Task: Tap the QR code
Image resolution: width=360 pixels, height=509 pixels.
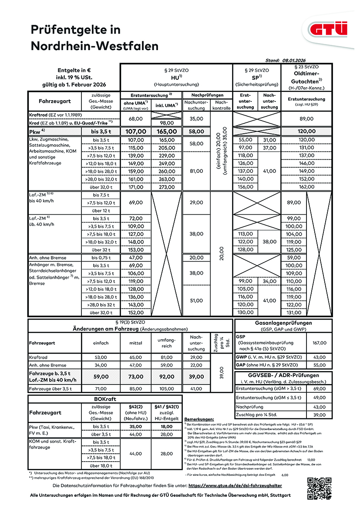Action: [x=320, y=488]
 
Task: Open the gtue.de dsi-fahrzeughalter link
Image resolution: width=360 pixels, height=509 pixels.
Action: [x=235, y=485]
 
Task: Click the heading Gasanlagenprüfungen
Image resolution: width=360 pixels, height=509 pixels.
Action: [x=283, y=323]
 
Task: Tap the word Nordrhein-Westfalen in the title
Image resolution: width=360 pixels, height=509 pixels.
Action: [x=94, y=46]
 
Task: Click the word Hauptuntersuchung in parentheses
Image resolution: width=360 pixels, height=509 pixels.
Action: [x=176, y=84]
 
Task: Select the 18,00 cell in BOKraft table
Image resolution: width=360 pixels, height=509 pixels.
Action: [x=167, y=427]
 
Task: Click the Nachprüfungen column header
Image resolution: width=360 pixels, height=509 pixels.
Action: [x=202, y=95]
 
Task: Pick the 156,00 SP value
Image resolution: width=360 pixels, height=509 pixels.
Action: [x=246, y=187]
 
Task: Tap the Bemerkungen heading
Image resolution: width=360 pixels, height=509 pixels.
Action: [x=201, y=418]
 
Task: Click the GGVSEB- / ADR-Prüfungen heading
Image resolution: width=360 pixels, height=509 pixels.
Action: [x=283, y=375]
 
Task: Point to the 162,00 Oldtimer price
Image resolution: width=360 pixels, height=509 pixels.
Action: [x=306, y=187]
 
